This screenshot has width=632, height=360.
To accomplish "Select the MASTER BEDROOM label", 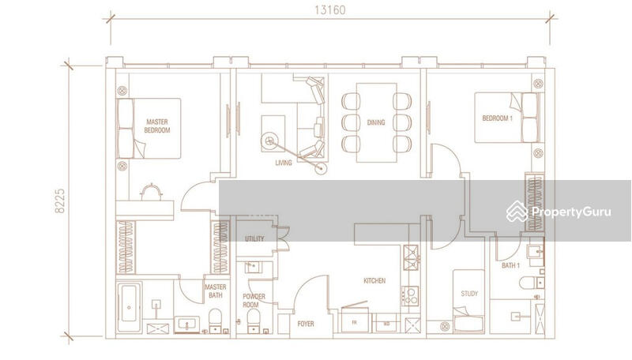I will tap(157, 126).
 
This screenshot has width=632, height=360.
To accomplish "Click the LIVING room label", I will tap(284, 163).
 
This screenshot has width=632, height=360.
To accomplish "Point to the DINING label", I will tap(375, 122).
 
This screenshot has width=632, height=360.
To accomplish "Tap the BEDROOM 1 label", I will tap(498, 119).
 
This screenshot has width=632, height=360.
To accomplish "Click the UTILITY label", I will tap(254, 238).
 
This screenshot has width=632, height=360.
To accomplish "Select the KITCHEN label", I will tap(374, 280).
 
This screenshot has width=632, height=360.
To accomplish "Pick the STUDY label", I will tap(469, 294).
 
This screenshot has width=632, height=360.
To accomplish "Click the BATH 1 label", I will tap(511, 265).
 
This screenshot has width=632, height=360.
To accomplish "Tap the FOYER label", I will tap(306, 324).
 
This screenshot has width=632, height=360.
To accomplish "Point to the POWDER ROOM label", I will tap(254, 300).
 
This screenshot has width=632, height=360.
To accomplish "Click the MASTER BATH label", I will tap(216, 291).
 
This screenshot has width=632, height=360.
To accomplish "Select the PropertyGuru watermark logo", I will tap(560, 212).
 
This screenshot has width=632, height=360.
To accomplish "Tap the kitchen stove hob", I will tap(411, 296).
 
